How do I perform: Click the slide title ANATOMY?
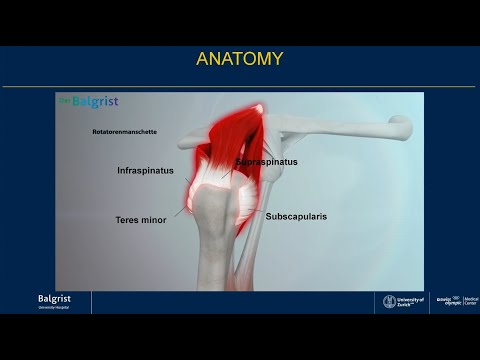click(x=239, y=59)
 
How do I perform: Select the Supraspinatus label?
click(x=267, y=161)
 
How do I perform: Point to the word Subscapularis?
click(x=297, y=215)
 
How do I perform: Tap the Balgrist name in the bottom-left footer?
click(x=54, y=299)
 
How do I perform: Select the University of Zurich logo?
click(x=404, y=301)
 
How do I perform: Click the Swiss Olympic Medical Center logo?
click(x=455, y=301)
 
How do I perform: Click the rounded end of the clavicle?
click(x=401, y=126)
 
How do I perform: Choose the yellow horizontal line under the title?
click(x=239, y=86)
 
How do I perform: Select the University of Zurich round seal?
click(x=390, y=301)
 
